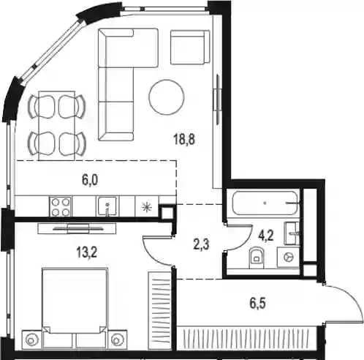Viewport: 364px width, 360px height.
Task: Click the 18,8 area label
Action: tap(184, 140)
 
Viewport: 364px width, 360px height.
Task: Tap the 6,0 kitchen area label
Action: tap(90, 181)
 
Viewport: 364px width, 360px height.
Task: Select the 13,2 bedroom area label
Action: tap(87, 252)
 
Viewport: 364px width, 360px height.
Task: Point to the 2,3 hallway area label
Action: tap(201, 244)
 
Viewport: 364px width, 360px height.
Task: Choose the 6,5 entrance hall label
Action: tap(257, 304)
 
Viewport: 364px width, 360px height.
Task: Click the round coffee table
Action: tap(167, 97)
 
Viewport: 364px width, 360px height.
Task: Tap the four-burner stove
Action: tap(61, 206)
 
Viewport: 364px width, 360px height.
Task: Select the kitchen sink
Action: tap(107, 206)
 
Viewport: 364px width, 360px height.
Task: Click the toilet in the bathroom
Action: tap(256, 258)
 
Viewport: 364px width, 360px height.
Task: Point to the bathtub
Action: tap(265, 203)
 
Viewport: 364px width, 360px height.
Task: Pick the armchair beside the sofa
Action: tap(190, 47)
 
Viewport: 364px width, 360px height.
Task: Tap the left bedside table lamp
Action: tap(31, 339)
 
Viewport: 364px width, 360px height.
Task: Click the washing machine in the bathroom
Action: tap(289, 257)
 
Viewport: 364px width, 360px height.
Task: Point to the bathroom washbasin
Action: tap(292, 233)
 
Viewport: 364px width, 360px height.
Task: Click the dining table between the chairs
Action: tap(57, 126)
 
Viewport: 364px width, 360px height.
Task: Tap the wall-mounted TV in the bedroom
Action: tap(77, 229)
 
